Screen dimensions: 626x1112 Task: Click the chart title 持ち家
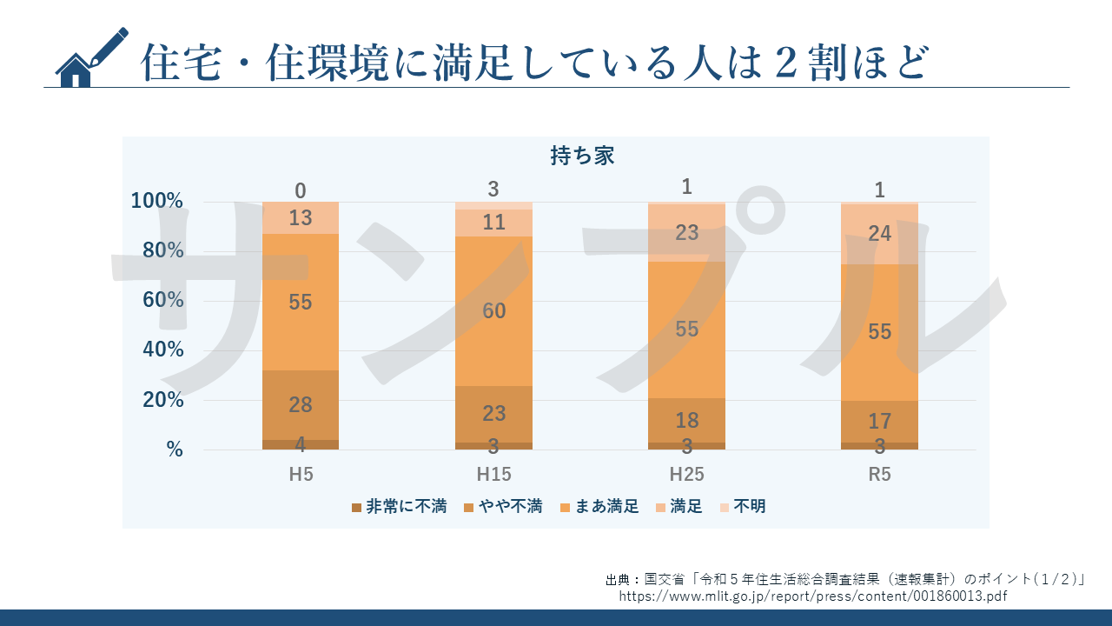pyautogui.click(x=582, y=156)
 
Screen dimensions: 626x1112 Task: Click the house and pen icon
pyautogui.click(x=90, y=57)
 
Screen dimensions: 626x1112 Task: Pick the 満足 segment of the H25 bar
pyautogui.click(x=686, y=233)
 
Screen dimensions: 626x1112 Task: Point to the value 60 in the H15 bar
pyautogui.click(x=493, y=311)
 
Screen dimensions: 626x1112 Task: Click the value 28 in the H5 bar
pyautogui.click(x=301, y=404)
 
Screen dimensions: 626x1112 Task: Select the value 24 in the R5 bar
pyautogui.click(x=879, y=233)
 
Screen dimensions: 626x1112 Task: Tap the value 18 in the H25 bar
pyautogui.click(x=686, y=421)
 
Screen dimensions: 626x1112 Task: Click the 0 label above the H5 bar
pyautogui.click(x=301, y=190)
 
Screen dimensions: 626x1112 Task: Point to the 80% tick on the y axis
pyautogui.click(x=157, y=250)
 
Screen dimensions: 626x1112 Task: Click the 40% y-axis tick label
pyautogui.click(x=157, y=350)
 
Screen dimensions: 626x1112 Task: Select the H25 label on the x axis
pyautogui.click(x=686, y=475)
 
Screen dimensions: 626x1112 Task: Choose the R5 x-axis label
pyautogui.click(x=879, y=475)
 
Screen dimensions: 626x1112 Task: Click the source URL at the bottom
pyautogui.click(x=813, y=596)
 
